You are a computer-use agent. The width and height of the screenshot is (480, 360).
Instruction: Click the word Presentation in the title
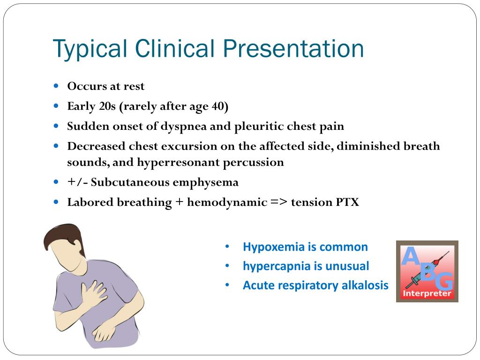293,49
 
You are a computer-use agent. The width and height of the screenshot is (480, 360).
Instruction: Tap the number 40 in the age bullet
218,106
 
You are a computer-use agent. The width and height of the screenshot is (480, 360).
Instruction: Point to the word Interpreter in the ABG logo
427,294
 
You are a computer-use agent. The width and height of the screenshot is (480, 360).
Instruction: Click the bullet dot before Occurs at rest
56,86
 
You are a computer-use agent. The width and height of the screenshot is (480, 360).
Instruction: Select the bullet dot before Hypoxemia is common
227,247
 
